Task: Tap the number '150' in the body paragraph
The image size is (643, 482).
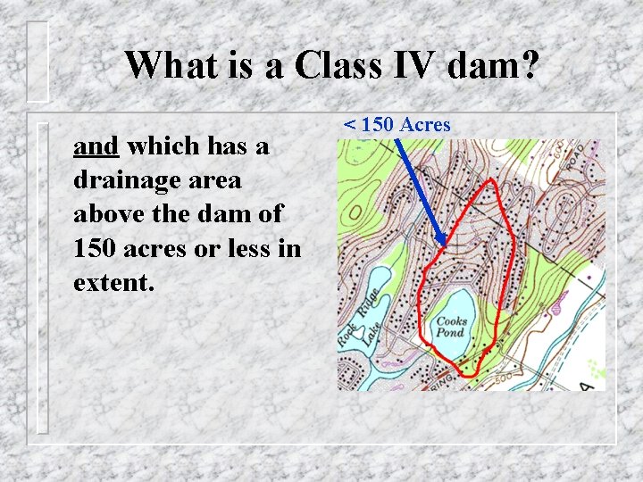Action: (x=98, y=250)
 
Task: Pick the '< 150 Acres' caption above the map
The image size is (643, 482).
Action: (x=397, y=125)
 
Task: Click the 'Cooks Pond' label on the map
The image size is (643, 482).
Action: (x=451, y=327)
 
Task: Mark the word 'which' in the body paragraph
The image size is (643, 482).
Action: (x=163, y=146)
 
